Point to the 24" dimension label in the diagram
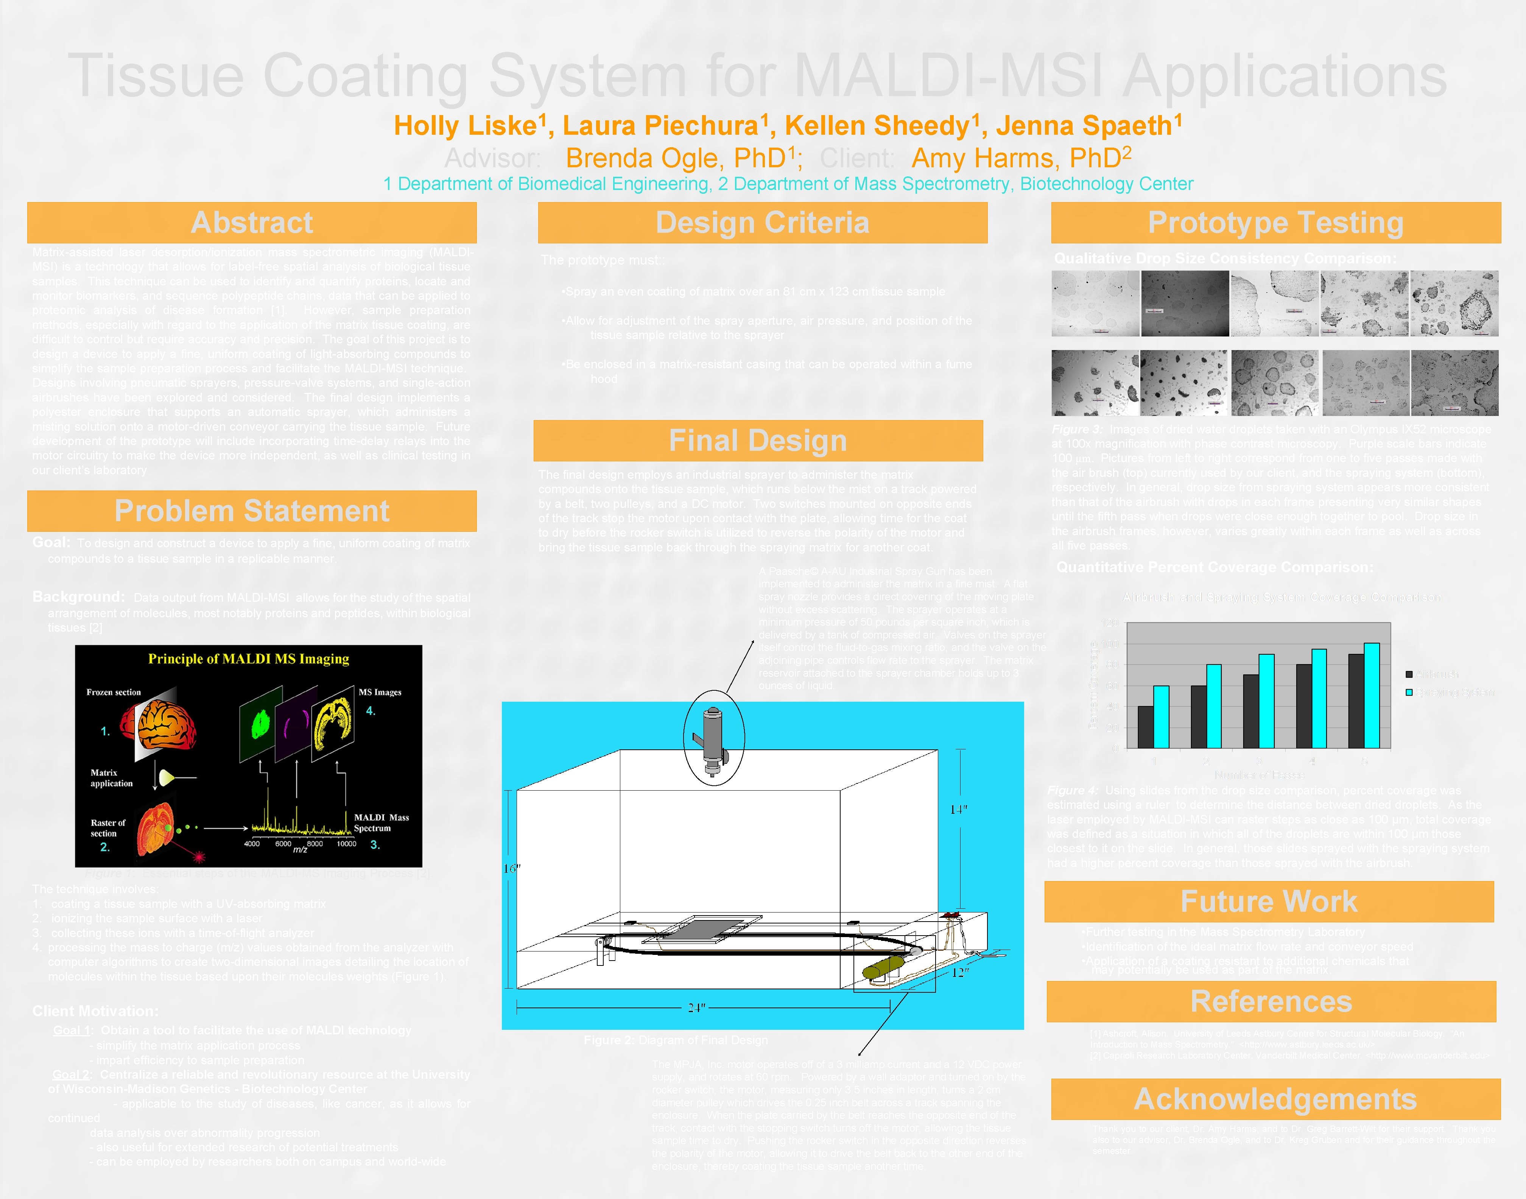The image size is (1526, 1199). [x=696, y=1008]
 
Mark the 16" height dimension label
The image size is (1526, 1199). [x=512, y=868]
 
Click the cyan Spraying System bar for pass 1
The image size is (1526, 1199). [x=1161, y=716]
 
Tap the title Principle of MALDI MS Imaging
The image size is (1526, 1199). [x=249, y=659]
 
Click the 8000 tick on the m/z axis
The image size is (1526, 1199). [x=315, y=844]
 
